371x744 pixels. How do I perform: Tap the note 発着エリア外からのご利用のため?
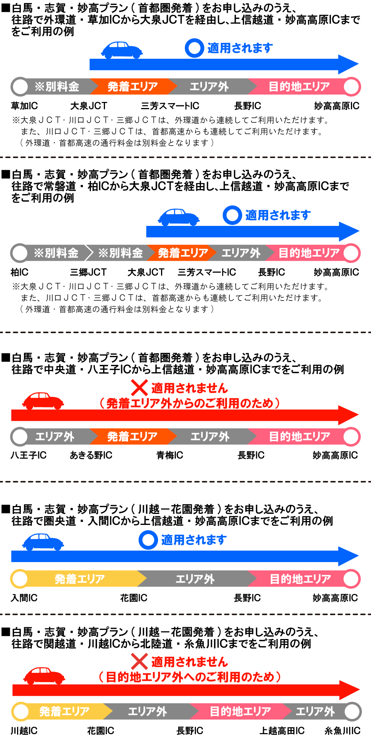click(x=189, y=403)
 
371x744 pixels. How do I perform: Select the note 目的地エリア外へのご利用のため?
click(x=189, y=677)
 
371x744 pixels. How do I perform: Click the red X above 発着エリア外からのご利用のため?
click(x=139, y=388)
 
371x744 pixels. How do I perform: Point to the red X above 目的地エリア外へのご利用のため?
click(x=139, y=661)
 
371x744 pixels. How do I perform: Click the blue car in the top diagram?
click(x=122, y=50)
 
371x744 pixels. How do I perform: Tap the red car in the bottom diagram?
click(x=44, y=675)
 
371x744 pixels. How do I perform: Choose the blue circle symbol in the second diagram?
click(x=232, y=215)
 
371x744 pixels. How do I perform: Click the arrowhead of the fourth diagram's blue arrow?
click(x=348, y=556)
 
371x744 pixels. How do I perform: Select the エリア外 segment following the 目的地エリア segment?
click(x=315, y=711)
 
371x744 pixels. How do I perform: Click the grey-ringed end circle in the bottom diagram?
click(x=352, y=711)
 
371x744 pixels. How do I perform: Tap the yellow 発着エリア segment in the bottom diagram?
click(x=64, y=711)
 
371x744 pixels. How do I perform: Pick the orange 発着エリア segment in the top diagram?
click(x=133, y=86)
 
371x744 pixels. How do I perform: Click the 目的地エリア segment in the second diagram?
click(x=309, y=253)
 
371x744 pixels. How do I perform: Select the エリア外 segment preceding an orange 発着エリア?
click(x=55, y=437)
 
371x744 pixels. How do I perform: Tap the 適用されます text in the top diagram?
click(x=240, y=48)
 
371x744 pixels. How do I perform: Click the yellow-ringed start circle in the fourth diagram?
click(x=20, y=579)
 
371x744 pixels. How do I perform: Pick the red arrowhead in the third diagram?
click(x=348, y=415)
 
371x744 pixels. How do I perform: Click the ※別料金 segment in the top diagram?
click(x=57, y=86)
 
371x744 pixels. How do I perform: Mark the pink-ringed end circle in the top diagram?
click(x=351, y=86)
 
